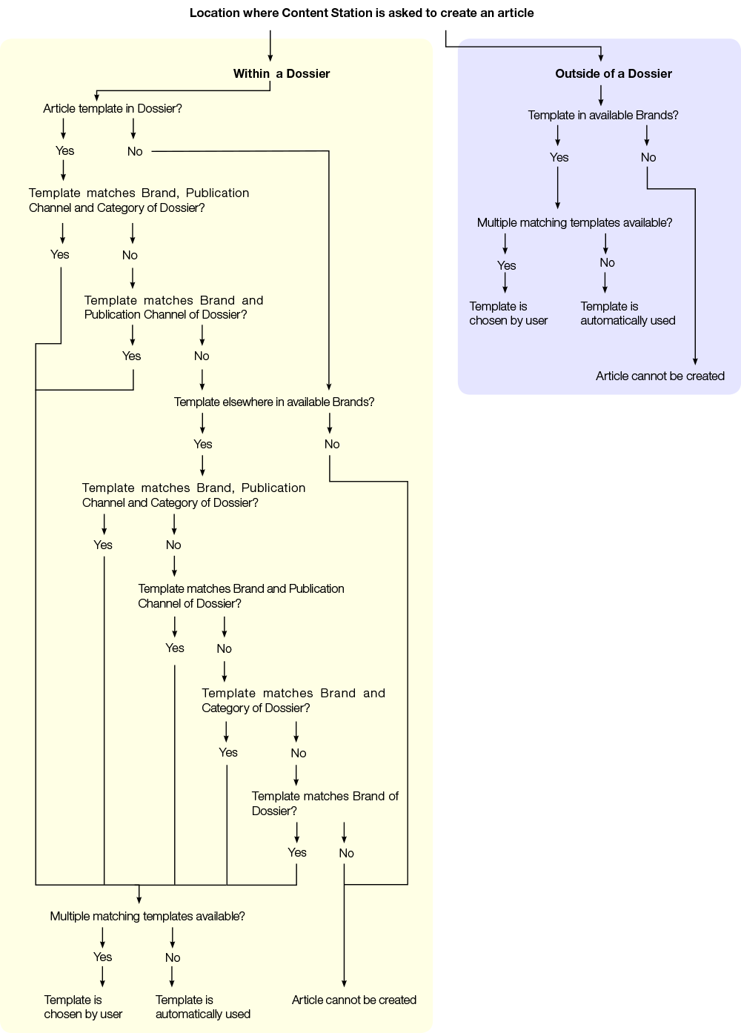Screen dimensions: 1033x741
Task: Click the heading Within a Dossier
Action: (x=282, y=73)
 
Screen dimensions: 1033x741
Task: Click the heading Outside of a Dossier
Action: (x=614, y=73)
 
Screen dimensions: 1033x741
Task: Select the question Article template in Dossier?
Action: (x=113, y=108)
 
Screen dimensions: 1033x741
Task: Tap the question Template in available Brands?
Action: (x=603, y=115)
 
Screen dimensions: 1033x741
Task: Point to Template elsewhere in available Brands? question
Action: (x=274, y=402)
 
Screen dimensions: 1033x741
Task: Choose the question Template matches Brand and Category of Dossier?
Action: (x=293, y=700)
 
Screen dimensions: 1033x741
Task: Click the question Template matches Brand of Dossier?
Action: (x=325, y=803)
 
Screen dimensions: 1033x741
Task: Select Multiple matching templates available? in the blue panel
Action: (x=575, y=222)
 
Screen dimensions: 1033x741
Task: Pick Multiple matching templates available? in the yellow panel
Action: (x=147, y=916)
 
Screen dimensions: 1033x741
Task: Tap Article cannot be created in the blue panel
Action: (x=660, y=376)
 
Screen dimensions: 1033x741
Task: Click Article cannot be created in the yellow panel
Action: (x=354, y=1000)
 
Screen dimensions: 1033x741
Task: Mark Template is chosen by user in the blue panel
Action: (x=508, y=313)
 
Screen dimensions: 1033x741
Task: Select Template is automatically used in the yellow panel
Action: (x=203, y=1006)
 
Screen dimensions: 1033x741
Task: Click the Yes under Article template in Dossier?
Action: (x=65, y=150)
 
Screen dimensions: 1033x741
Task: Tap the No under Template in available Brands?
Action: (x=648, y=157)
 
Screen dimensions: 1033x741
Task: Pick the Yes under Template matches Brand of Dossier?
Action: (x=297, y=852)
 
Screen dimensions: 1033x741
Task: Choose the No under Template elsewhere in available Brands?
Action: (x=332, y=444)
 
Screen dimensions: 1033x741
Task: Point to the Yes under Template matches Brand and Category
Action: (x=228, y=752)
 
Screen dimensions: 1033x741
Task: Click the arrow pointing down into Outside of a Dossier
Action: (x=601, y=54)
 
